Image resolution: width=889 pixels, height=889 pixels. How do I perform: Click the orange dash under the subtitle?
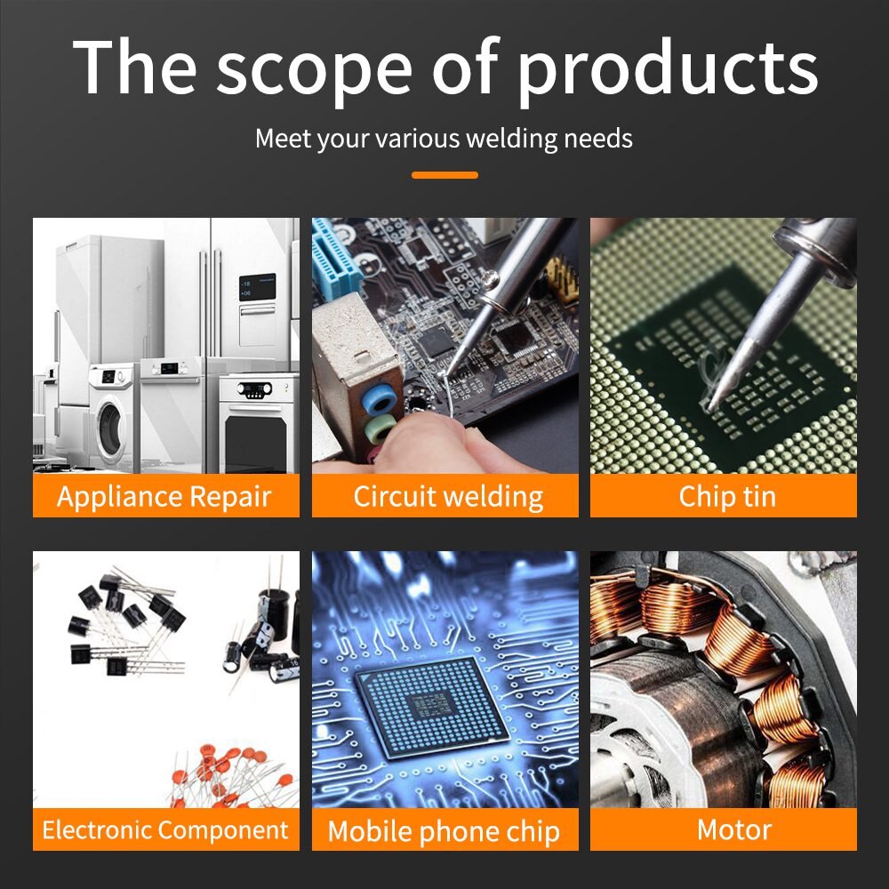(x=444, y=175)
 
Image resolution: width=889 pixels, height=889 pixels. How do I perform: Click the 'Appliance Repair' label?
(x=164, y=497)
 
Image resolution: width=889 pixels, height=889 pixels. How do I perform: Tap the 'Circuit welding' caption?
(x=448, y=497)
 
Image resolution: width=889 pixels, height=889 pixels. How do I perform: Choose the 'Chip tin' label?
(x=727, y=496)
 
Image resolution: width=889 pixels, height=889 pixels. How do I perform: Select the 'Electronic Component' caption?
(x=165, y=830)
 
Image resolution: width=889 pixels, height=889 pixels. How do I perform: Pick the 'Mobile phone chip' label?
(x=444, y=831)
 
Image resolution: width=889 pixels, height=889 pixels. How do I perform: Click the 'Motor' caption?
(x=733, y=830)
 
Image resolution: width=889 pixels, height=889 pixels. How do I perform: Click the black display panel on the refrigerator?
(x=258, y=287)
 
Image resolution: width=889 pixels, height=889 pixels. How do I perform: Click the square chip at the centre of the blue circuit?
(x=433, y=707)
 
